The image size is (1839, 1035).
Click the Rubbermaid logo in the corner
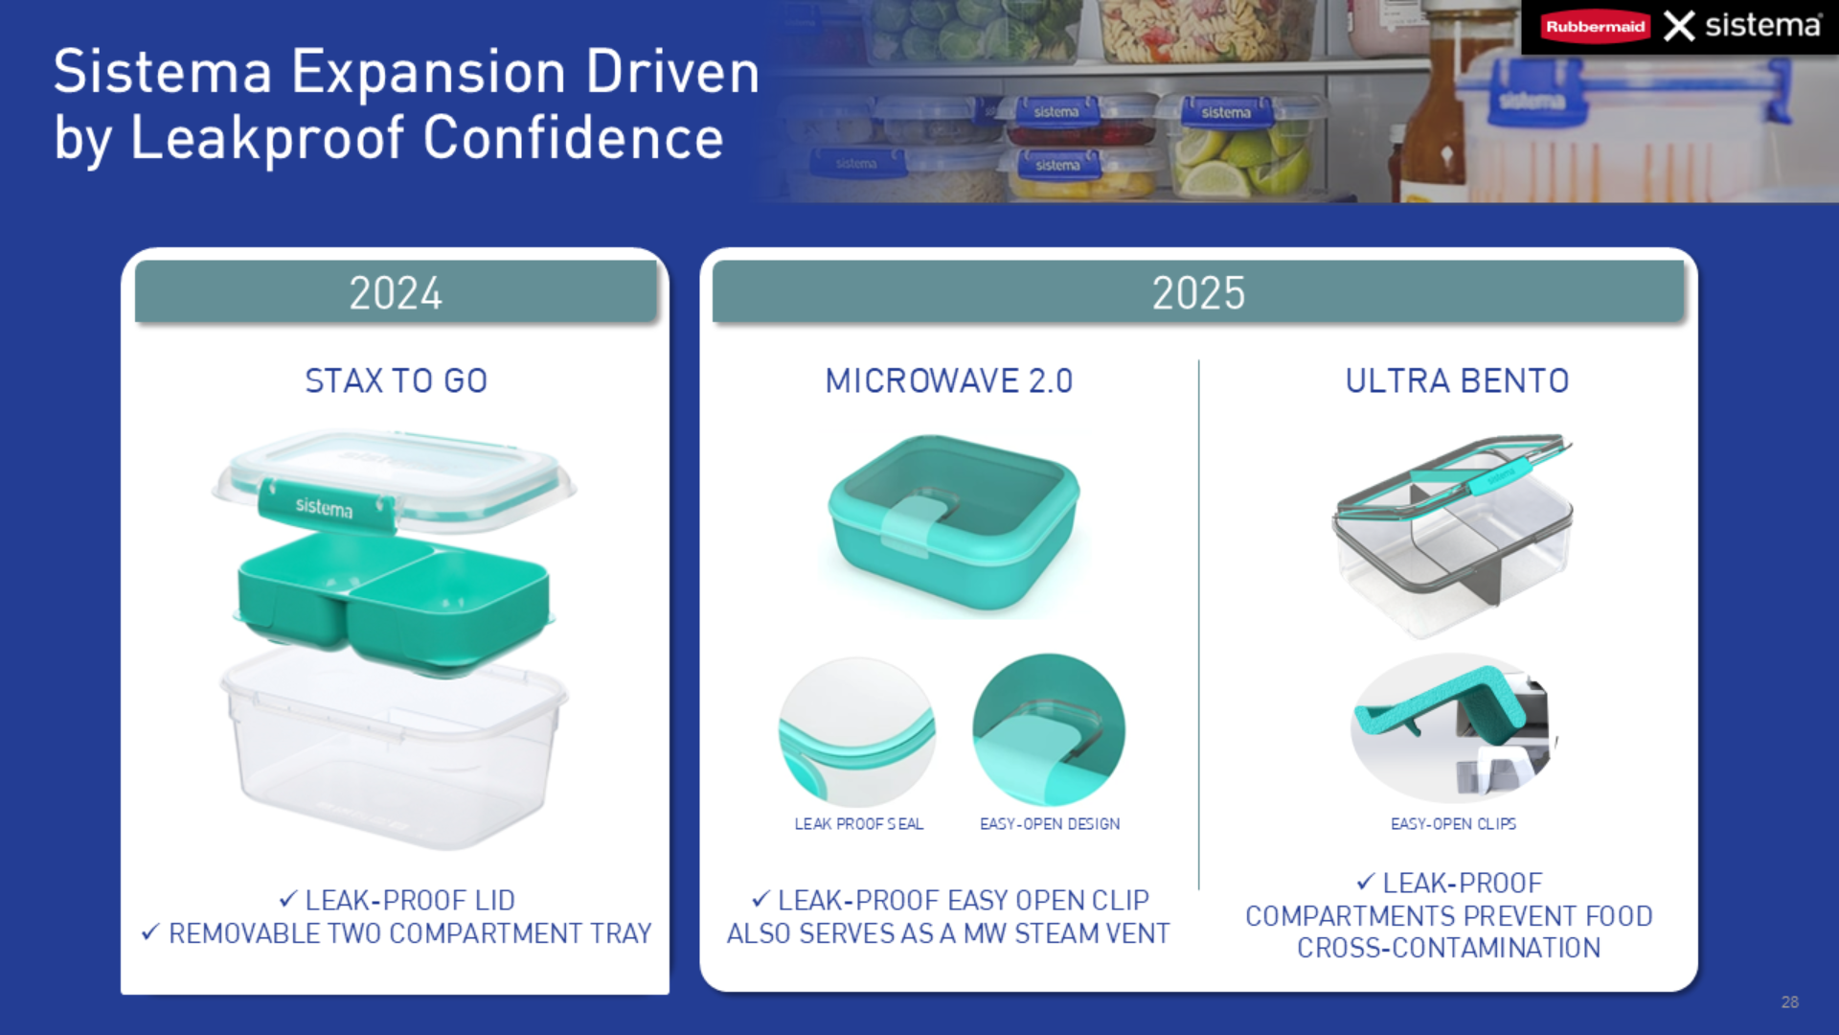coord(1596,27)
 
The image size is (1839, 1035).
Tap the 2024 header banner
coord(396,292)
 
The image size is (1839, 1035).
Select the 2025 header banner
coord(1198,292)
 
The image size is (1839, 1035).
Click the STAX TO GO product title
coord(397,381)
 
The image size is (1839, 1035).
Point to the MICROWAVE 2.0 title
coord(949,381)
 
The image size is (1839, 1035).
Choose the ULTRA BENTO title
coord(1457,381)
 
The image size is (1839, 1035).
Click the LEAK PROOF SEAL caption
coord(859,824)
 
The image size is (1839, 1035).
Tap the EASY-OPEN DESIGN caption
coord(1050,824)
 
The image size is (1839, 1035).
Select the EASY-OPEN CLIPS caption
coord(1453,824)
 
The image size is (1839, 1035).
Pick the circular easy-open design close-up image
coord(1049,730)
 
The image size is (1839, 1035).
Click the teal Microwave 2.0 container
coord(954,523)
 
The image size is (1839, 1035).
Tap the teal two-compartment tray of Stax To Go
coord(394,600)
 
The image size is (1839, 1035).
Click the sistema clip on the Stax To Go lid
coord(327,505)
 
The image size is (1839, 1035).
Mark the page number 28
coord(1790,1002)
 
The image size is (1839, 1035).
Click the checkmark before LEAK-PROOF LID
coord(288,899)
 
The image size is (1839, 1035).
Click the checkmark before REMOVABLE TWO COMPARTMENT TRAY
coord(150,931)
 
